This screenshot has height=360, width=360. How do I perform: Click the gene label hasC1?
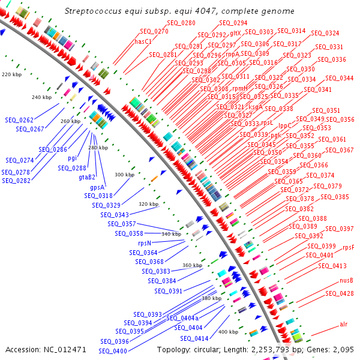[x=143, y=41]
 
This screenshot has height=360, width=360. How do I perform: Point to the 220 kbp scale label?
[x=11, y=75]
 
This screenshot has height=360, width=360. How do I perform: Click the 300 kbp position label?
[x=124, y=175]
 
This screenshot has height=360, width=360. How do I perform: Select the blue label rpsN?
[x=145, y=243]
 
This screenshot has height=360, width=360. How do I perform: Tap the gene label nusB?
[x=347, y=280]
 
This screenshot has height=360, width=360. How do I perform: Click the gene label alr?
[x=344, y=324]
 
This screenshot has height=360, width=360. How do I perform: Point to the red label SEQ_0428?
[x=340, y=293]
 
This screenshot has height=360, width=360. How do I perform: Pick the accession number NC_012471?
[x=65, y=349]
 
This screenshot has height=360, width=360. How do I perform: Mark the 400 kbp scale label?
[x=228, y=332]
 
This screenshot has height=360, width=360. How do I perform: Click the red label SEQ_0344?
[x=339, y=79]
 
